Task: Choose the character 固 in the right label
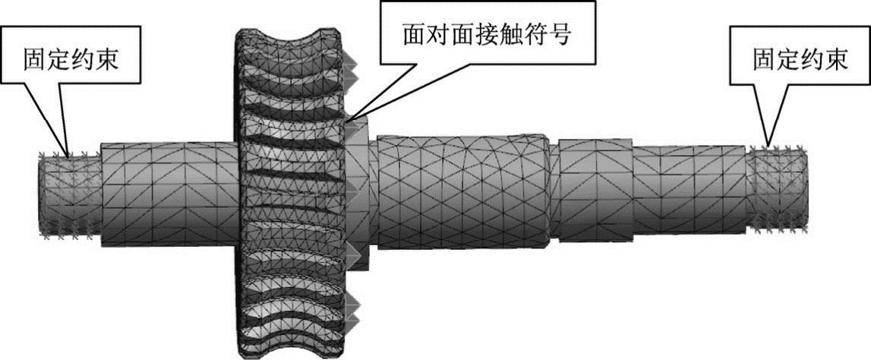764,60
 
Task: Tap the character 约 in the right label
813,60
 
